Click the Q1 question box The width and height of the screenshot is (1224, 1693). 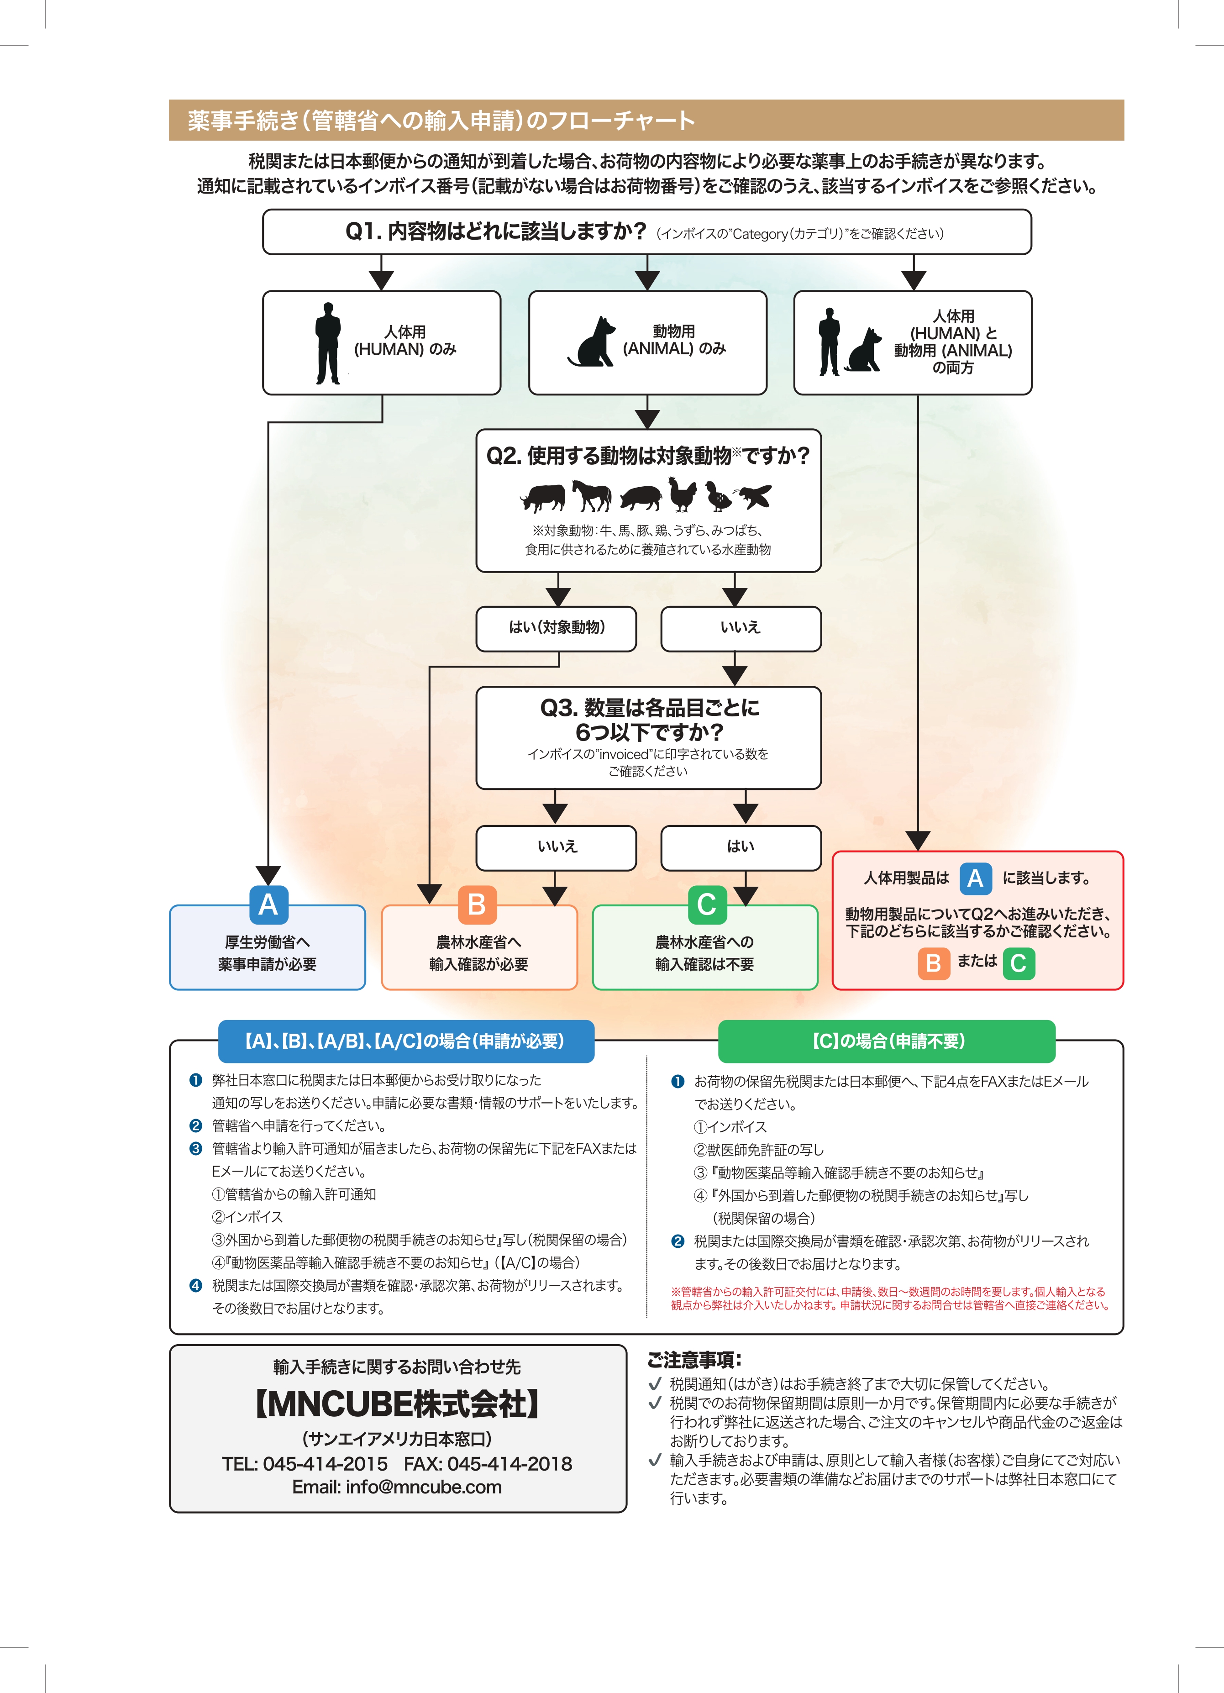point(647,232)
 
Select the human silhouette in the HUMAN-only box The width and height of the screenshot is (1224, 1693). point(328,343)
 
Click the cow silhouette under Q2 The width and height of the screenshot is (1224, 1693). point(542,496)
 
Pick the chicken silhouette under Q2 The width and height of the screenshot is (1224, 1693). point(682,494)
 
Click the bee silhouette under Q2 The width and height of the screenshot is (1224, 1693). point(752,496)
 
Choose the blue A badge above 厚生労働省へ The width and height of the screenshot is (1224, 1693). point(268,905)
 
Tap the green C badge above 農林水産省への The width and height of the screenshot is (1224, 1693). point(707,905)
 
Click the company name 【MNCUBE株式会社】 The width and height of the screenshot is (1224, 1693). point(397,1404)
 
